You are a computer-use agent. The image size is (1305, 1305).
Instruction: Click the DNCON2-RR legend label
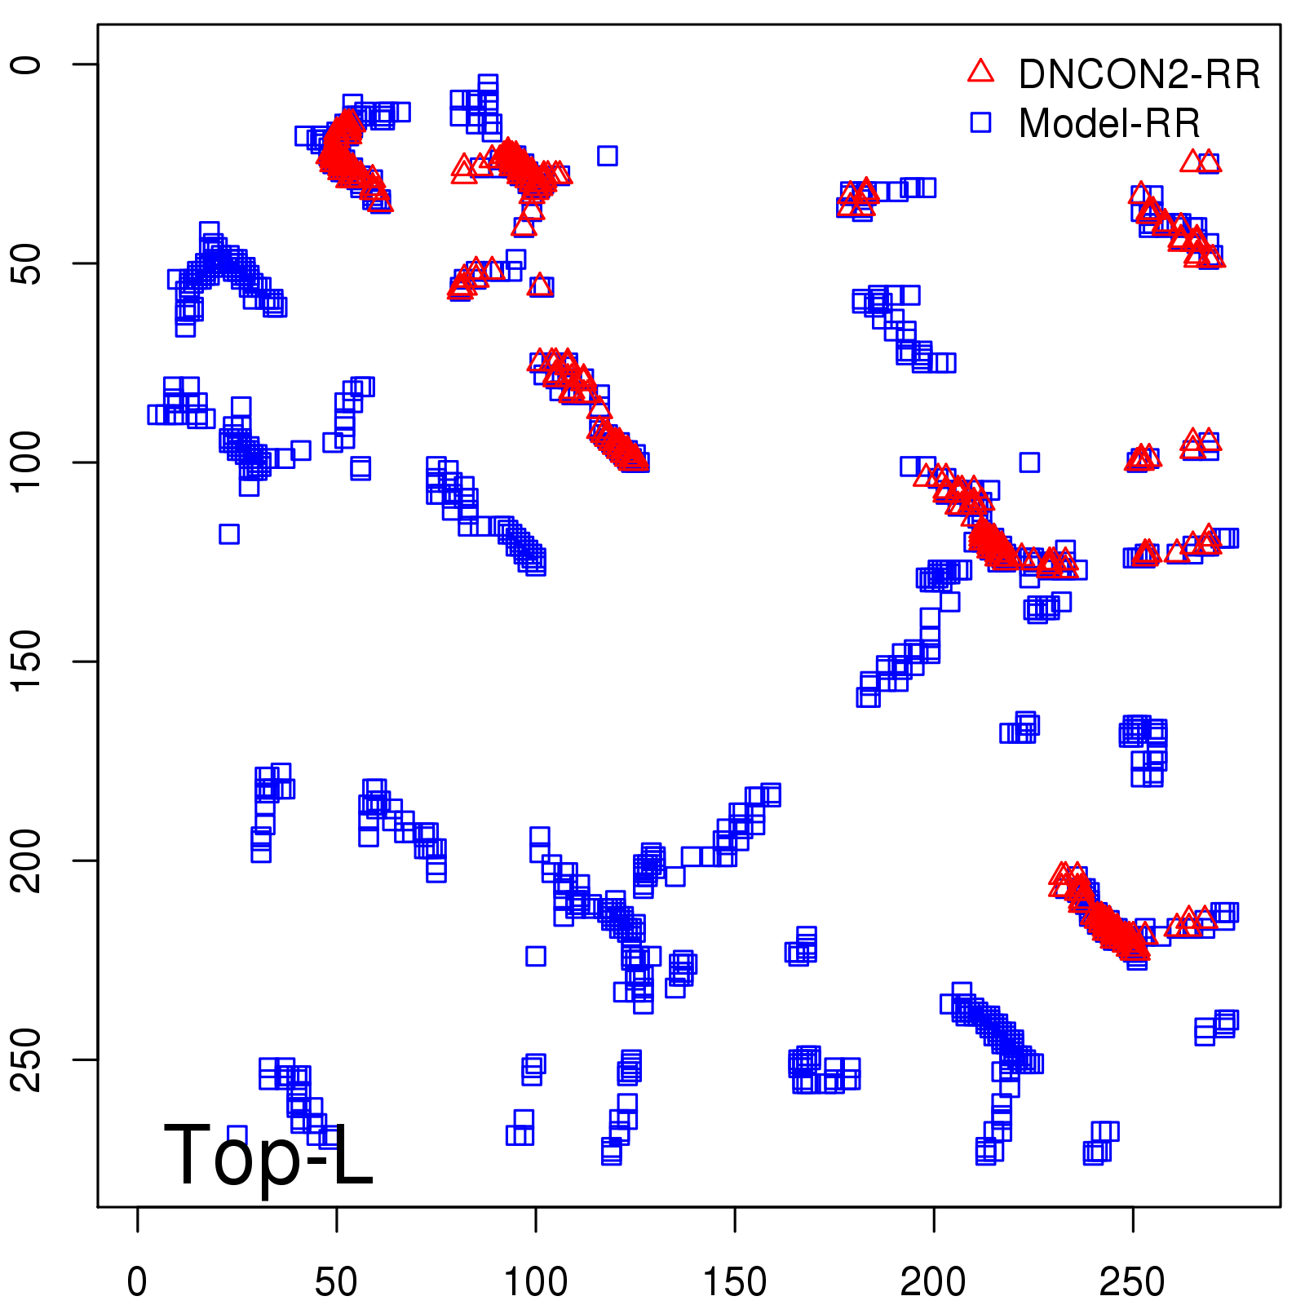click(1139, 74)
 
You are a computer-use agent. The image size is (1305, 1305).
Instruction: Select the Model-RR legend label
click(1109, 124)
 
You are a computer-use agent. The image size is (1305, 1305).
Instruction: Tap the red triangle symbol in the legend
click(980, 72)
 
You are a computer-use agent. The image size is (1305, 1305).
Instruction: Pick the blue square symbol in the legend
click(980, 122)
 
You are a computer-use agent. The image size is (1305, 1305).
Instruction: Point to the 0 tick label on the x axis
click(137, 1282)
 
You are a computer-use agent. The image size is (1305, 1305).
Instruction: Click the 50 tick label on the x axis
click(336, 1282)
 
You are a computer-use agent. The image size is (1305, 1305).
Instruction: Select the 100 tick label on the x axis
click(535, 1282)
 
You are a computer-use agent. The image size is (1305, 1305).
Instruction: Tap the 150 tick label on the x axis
click(734, 1282)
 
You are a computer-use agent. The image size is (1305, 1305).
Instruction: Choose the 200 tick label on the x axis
click(933, 1282)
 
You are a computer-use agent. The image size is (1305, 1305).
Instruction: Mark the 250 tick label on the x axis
click(1132, 1282)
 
